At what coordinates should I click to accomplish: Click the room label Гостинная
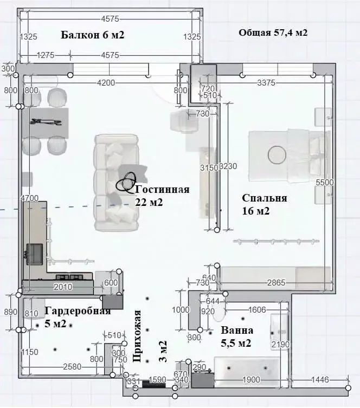coord(162,190)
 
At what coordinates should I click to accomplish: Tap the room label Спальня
coord(265,198)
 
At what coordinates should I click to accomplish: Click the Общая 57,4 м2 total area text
coord(273,33)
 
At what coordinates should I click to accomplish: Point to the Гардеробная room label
coord(78,311)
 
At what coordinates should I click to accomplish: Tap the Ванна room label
coord(237,330)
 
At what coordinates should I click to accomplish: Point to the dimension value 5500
coord(324,183)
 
